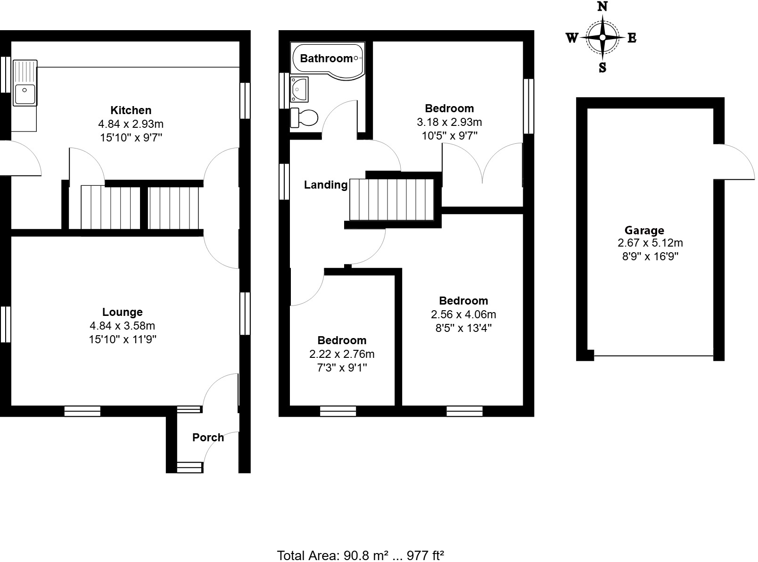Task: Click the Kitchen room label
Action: (131, 110)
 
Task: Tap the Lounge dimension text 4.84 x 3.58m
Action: (122, 326)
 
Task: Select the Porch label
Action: (208, 438)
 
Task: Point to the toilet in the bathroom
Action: (304, 117)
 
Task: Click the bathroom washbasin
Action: (299, 89)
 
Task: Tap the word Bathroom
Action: (326, 58)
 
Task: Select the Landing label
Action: (326, 185)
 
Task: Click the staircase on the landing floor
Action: (391, 199)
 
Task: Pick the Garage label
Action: (644, 231)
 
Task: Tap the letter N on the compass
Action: (602, 7)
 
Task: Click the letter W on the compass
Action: (572, 38)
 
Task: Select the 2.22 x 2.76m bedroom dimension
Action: (342, 354)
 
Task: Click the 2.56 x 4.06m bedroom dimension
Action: (463, 314)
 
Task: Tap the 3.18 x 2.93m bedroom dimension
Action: (449, 123)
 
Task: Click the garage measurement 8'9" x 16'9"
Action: (650, 256)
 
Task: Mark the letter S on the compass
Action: (602, 68)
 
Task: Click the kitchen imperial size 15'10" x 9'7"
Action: (131, 138)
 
